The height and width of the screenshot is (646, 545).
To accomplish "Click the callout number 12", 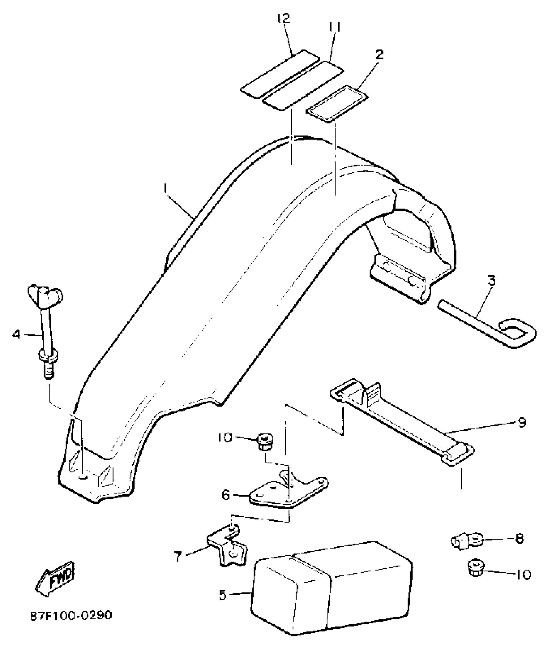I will click(x=284, y=18).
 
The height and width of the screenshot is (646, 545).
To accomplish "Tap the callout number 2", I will click(x=379, y=55).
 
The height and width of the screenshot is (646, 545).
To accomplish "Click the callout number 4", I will click(x=16, y=335).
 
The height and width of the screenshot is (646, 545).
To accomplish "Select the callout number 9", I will click(x=522, y=422).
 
